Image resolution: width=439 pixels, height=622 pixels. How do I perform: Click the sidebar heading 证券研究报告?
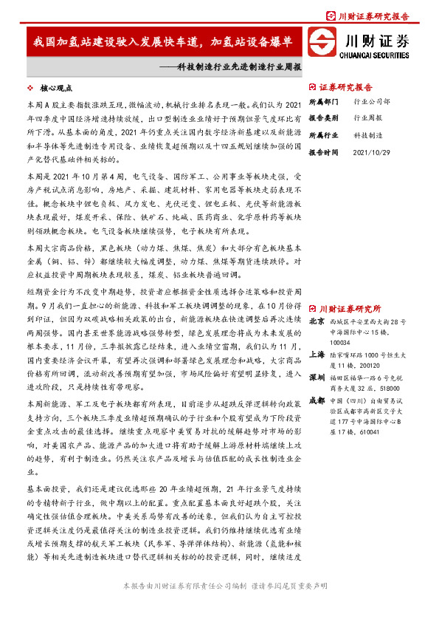click(346, 86)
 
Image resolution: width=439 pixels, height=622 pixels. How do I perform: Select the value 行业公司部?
click(373, 100)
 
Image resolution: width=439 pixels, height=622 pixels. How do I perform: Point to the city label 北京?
click(316, 321)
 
